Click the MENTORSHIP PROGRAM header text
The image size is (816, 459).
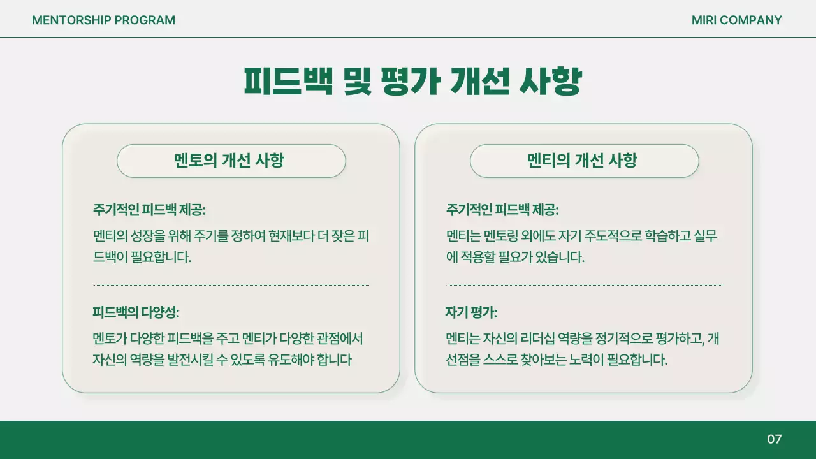pos(103,20)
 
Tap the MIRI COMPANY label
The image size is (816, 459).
pos(736,20)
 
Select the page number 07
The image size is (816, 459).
pos(774,439)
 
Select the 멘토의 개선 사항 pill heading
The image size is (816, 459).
pos(231,161)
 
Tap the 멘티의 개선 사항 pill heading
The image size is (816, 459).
pos(584,161)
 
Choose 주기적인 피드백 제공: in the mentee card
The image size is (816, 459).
pos(502,210)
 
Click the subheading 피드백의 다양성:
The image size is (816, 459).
pos(136,313)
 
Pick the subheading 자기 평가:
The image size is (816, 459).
pos(471,313)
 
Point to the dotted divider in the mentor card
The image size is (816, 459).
pos(231,285)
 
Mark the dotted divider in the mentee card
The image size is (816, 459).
pos(584,285)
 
